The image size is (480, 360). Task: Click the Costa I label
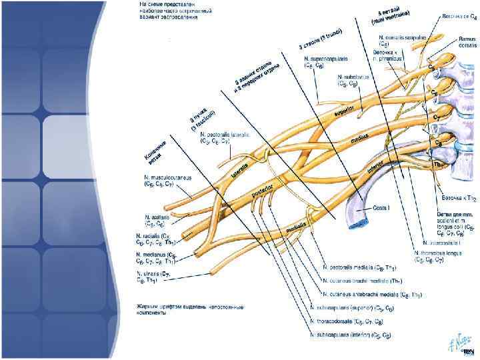click(x=383, y=207)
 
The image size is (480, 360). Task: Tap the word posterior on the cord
click(x=263, y=191)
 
